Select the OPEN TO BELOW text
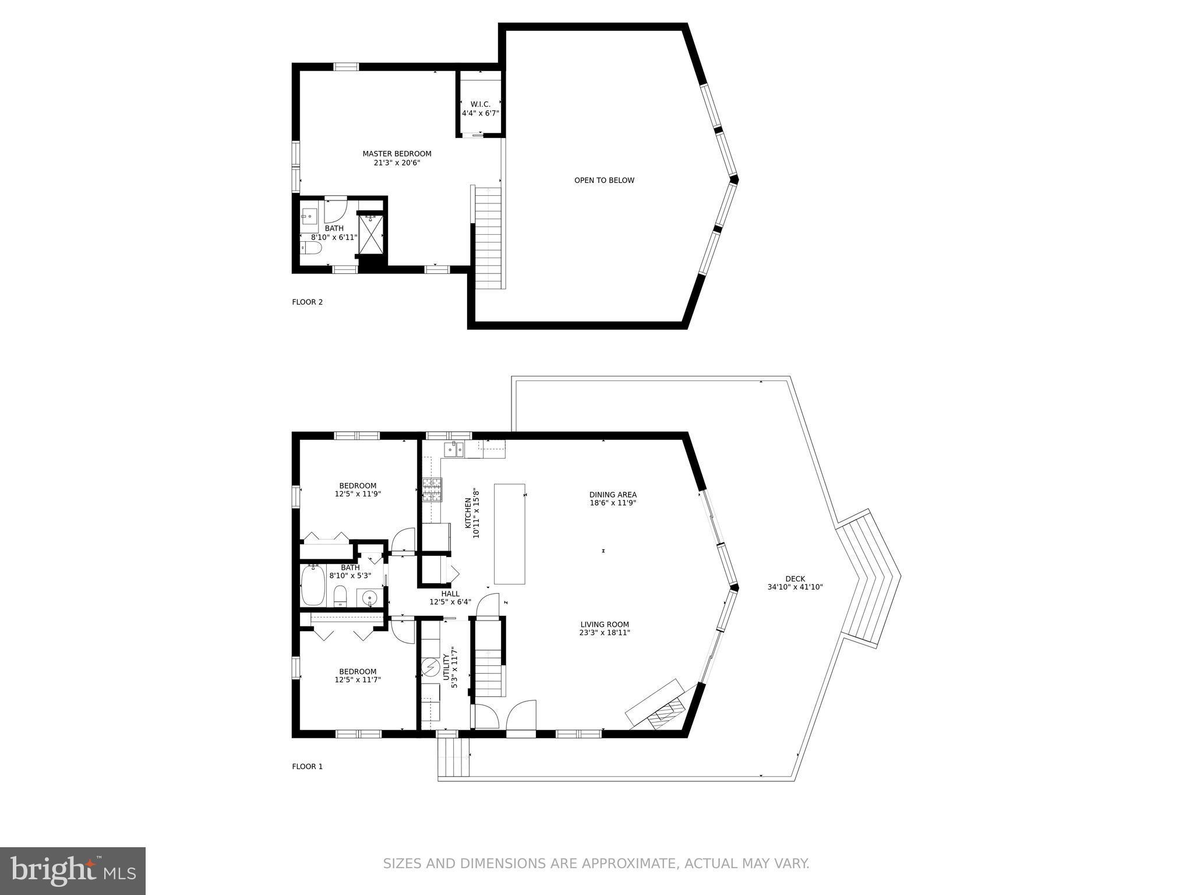[604, 180]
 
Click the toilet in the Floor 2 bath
[311, 248]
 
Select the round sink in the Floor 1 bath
[369, 598]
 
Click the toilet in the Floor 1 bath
[341, 596]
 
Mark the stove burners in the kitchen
[432, 489]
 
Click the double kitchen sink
[454, 449]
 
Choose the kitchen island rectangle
[510, 534]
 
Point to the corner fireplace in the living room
[662, 705]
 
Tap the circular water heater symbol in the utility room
[430, 667]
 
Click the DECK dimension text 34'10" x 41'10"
[795, 587]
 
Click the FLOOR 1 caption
[307, 766]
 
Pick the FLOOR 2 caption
[307, 302]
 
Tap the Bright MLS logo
[73, 871]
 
